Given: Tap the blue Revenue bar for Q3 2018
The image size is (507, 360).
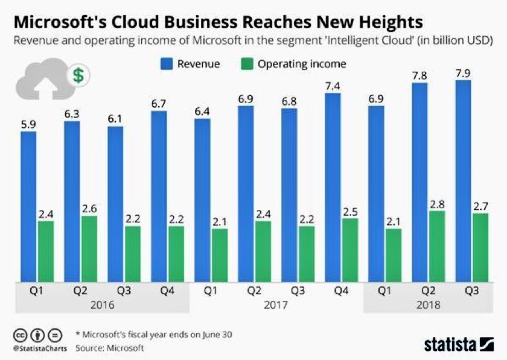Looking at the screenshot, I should pyautogui.click(x=463, y=181).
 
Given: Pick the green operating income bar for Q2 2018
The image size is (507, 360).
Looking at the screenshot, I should pyautogui.click(x=436, y=246).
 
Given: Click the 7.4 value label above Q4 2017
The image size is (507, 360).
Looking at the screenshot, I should pyautogui.click(x=333, y=86).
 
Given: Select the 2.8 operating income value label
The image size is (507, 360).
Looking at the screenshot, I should pyautogui.click(x=436, y=203).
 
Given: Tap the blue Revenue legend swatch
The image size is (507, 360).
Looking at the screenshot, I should pyautogui.click(x=167, y=64).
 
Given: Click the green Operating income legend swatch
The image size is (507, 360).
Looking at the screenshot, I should pyautogui.click(x=247, y=64).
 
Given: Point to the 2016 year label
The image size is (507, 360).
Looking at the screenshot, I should pyautogui.click(x=102, y=305).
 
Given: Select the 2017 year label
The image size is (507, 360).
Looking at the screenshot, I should pyautogui.click(x=276, y=305).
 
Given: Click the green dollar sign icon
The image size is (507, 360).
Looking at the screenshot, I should pyautogui.click(x=78, y=75).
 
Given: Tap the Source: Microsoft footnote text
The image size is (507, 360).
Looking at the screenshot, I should pyautogui.click(x=109, y=348).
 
